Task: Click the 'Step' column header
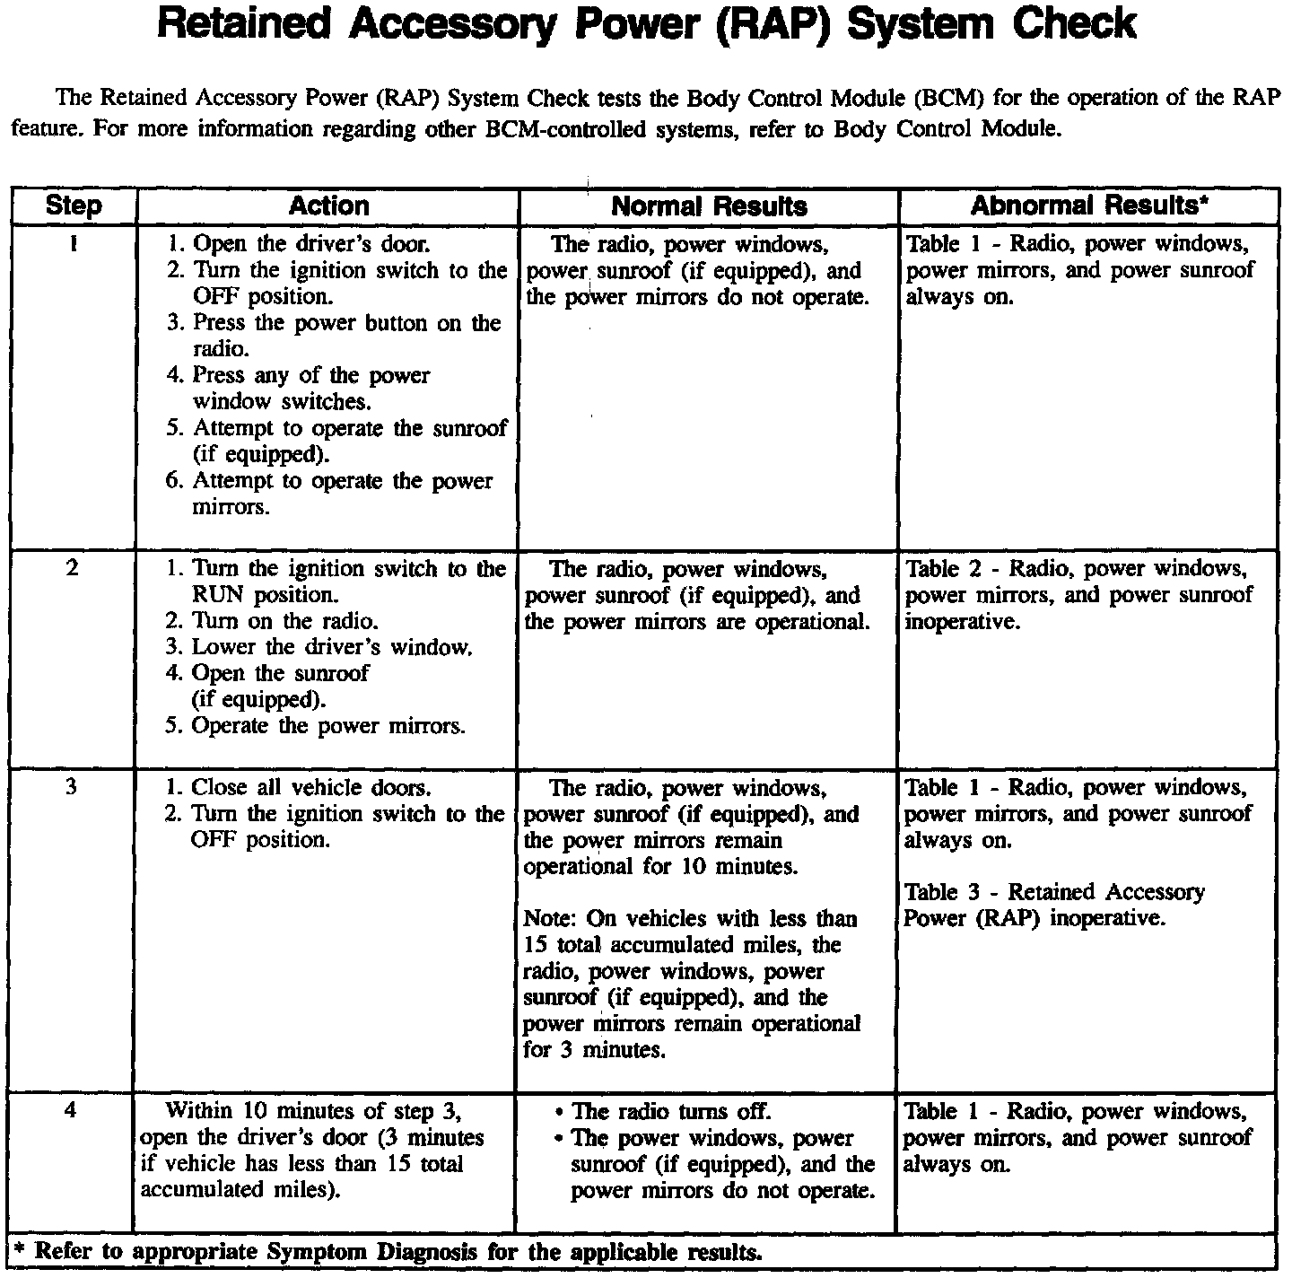click(73, 206)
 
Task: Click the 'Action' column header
click(328, 206)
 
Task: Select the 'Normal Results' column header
click(709, 206)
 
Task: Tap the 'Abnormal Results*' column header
click(1088, 206)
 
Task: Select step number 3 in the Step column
click(72, 787)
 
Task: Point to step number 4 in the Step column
click(72, 1111)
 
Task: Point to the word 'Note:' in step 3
click(551, 919)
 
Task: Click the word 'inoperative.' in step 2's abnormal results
click(963, 621)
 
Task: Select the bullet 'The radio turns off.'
click(670, 1112)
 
